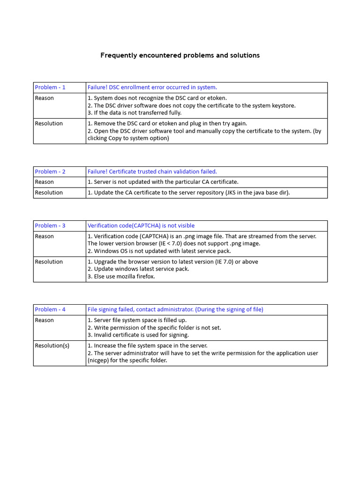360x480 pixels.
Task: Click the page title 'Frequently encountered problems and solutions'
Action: (x=180, y=55)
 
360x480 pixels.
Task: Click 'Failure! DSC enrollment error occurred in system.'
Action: (x=152, y=87)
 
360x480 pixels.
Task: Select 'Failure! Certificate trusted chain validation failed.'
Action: (x=152, y=172)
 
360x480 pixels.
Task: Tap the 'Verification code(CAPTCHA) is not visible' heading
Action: (x=141, y=225)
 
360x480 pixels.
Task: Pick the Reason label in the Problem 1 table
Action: (x=45, y=98)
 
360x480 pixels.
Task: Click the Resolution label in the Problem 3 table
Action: (x=49, y=262)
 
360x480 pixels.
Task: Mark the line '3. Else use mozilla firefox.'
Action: (x=121, y=277)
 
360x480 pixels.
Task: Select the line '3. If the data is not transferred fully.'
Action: (x=135, y=112)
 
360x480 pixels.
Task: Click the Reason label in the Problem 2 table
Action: (x=45, y=182)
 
